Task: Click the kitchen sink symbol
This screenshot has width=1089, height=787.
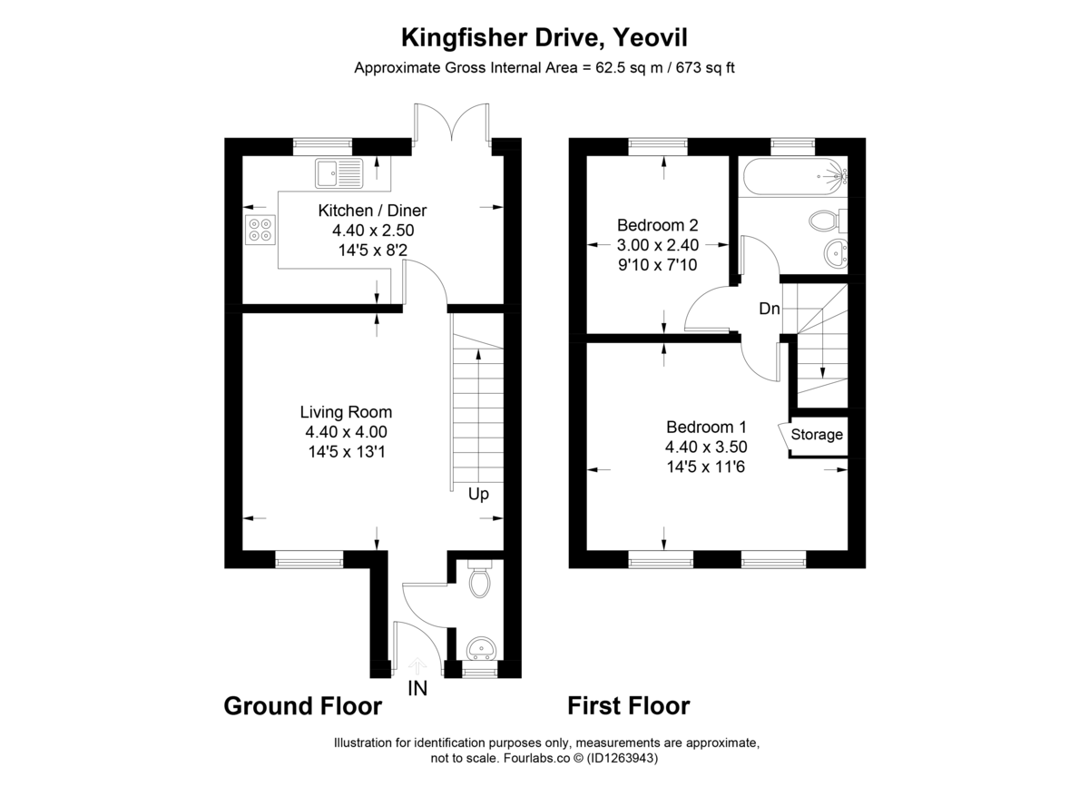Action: (338, 172)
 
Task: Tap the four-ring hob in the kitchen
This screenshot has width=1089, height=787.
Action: (260, 231)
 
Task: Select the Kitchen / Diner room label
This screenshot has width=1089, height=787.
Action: (371, 211)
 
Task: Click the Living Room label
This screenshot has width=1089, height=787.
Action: (353, 412)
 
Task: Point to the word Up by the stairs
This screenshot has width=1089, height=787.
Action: (478, 495)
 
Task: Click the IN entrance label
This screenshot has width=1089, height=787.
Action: (417, 689)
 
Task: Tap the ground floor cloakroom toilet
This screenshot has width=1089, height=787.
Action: (480, 580)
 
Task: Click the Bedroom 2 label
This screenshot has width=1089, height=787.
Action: (657, 225)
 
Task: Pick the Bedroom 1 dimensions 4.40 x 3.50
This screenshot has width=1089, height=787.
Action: (706, 447)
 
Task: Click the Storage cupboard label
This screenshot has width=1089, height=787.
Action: (817, 435)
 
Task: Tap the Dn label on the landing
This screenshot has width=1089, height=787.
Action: (770, 309)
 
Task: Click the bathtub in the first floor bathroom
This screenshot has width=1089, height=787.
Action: (792, 175)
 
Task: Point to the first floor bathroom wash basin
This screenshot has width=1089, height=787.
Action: (836, 252)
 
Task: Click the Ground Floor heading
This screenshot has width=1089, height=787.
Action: (302, 705)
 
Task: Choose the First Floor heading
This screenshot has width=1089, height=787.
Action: (629, 705)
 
